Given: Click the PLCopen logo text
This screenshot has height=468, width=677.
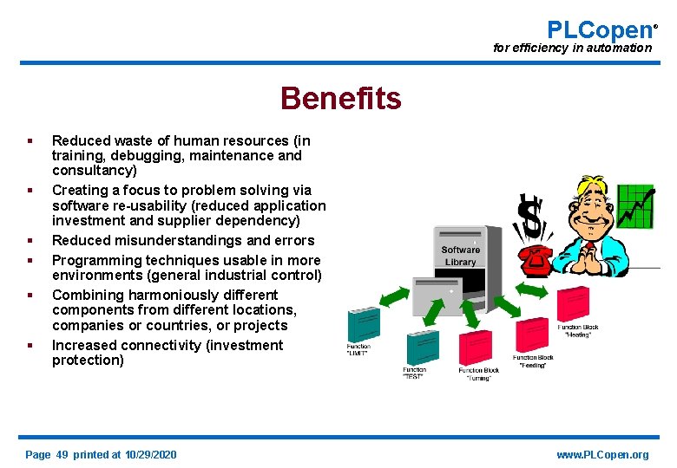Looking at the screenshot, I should (x=598, y=29).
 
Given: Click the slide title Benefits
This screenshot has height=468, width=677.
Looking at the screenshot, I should (x=340, y=99).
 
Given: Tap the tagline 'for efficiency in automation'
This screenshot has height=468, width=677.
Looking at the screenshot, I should (x=572, y=49).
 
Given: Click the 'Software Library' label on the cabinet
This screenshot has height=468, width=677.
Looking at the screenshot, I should (x=460, y=256).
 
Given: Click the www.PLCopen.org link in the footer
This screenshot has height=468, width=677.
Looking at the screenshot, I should (x=602, y=455).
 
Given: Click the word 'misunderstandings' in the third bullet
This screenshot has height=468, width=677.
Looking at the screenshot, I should (x=181, y=240).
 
